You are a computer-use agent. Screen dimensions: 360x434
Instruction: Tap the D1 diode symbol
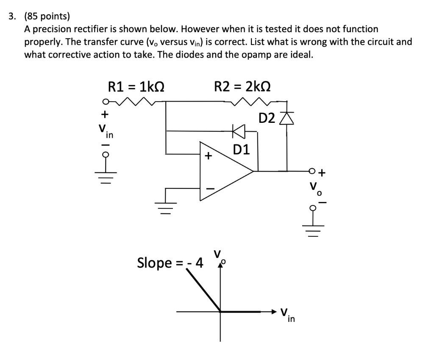(239, 131)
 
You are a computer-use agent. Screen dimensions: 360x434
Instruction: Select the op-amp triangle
(225, 171)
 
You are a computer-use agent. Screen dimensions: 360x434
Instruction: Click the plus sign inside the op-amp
(208, 156)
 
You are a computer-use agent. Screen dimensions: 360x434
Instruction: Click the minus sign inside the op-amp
(208, 188)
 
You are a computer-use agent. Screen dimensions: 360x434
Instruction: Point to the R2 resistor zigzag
(253, 101)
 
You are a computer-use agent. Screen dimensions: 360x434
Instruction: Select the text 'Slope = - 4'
(170, 263)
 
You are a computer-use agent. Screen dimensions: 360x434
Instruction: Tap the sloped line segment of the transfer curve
(203, 290)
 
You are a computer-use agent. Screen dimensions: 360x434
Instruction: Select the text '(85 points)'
(47, 17)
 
